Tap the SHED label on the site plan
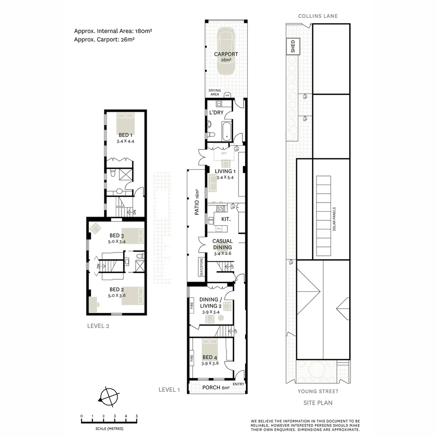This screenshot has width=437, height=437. point(293,46)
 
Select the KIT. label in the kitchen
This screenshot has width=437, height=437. point(226,218)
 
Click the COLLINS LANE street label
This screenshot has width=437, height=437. point(318,16)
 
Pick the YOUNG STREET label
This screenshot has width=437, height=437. point(318,391)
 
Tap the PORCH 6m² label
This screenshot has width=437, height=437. point(216,388)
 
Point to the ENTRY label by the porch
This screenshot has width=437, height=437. point(238,384)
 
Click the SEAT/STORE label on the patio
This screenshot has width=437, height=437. point(202,267)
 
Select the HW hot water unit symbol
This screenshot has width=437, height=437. point(227,95)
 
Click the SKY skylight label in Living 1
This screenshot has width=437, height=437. point(224,153)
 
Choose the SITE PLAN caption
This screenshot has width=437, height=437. point(318,403)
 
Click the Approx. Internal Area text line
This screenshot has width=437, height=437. point(113,31)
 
